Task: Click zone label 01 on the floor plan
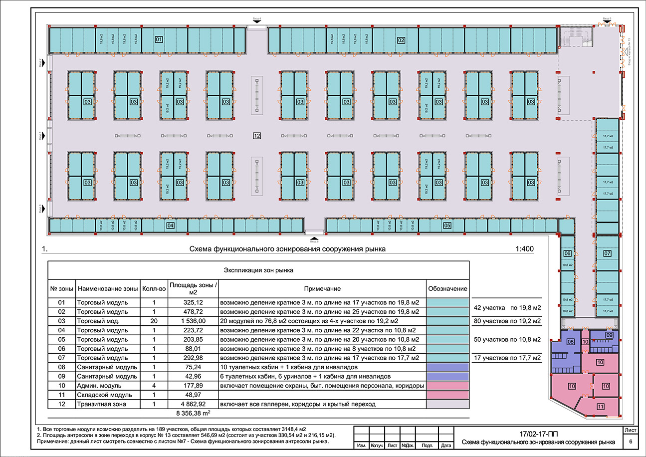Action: (159, 39)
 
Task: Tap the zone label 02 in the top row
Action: (401, 40)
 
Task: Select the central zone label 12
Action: (257, 136)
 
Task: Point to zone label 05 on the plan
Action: (447, 226)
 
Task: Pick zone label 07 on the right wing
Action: (607, 253)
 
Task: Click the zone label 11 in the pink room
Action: (601, 407)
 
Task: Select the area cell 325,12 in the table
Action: (193, 303)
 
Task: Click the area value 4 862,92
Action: (193, 405)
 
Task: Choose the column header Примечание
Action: (323, 289)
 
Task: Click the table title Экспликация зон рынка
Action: (258, 270)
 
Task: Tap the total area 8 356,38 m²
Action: (193, 414)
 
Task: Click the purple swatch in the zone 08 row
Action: (447, 367)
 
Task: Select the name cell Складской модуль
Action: (102, 395)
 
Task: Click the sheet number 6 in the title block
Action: (631, 442)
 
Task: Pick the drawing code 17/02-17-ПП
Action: (538, 434)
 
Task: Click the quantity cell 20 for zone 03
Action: (154, 321)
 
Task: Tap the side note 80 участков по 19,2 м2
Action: (506, 321)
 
